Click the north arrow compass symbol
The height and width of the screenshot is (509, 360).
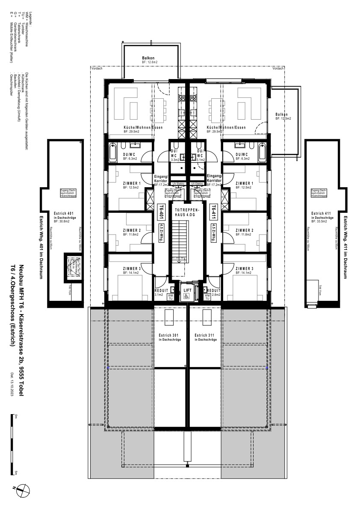(22, 490)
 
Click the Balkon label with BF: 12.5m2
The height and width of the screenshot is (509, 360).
(282, 116)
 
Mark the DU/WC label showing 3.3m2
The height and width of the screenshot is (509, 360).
(174, 156)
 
